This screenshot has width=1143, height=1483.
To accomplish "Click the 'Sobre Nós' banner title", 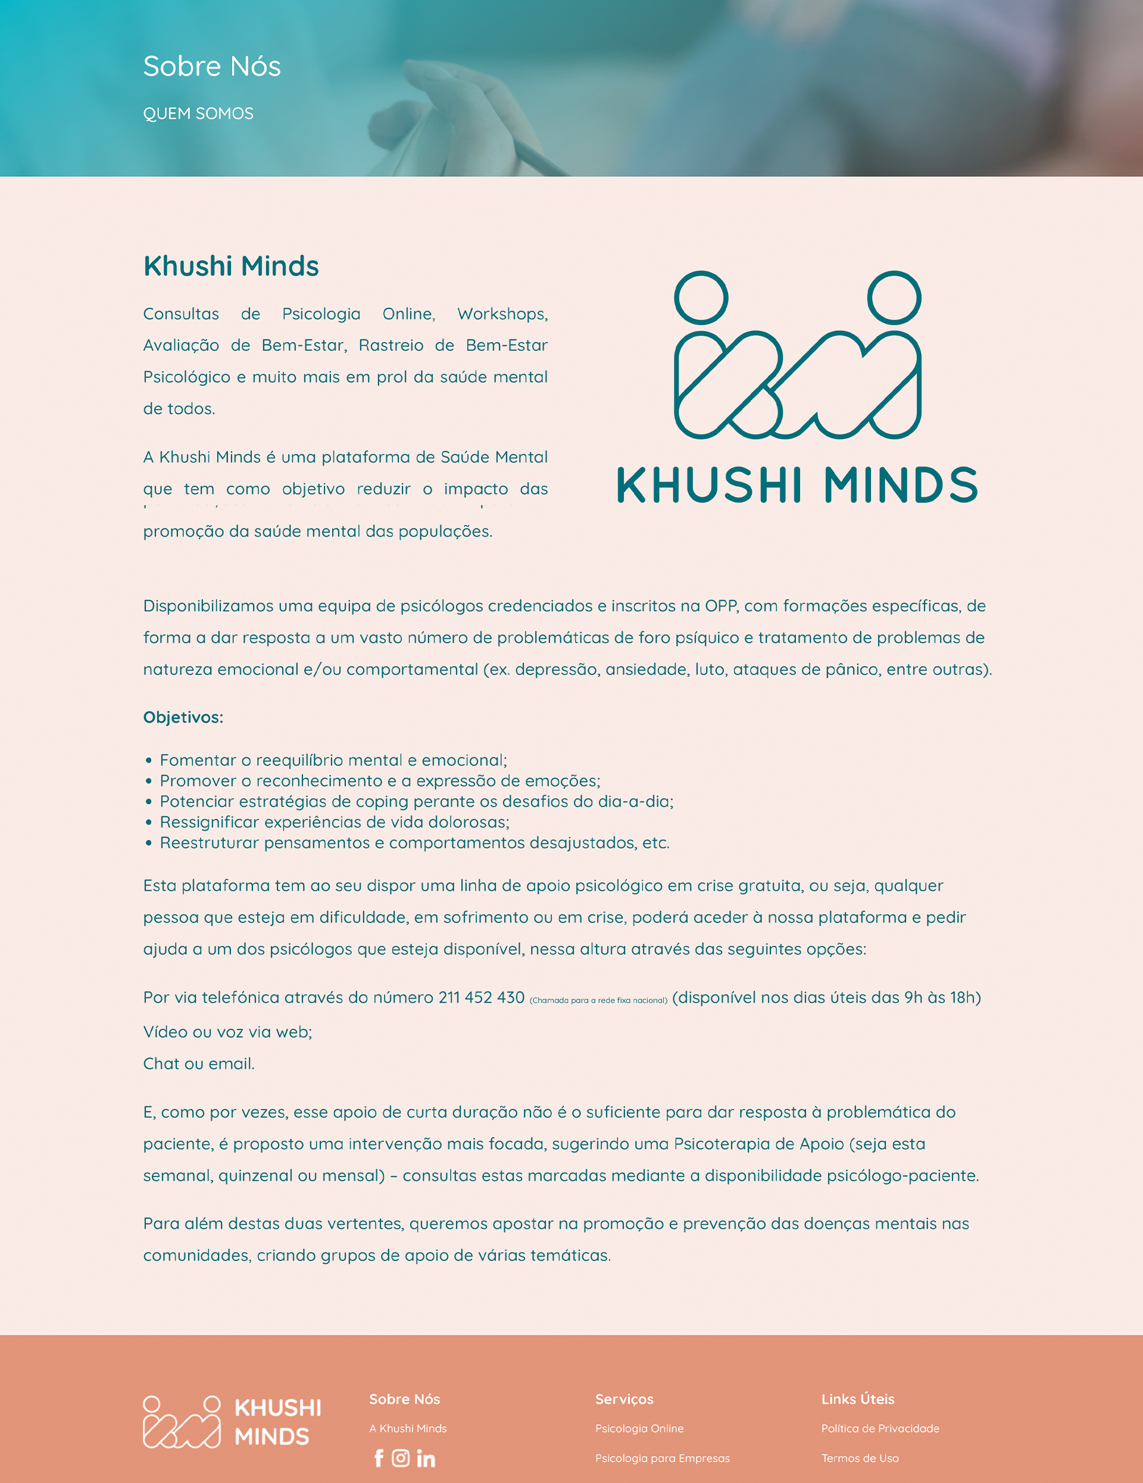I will coord(212,67).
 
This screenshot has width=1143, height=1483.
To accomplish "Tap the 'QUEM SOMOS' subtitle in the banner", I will coord(198,114).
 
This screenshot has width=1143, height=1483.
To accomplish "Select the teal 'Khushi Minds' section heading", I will coord(231,266).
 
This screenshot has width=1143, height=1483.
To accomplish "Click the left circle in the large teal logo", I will coord(701,298).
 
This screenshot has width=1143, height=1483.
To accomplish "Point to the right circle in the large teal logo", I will coord(894,298).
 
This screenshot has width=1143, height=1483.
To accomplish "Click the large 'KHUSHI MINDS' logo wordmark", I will coord(797,485).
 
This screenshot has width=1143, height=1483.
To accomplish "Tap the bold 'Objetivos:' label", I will coord(183,717).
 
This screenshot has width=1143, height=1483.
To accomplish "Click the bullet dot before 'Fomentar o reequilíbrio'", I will coord(149,761).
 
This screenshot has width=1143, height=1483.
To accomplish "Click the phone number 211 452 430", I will coord(482,997).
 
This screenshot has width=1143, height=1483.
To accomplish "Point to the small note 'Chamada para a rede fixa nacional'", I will coord(598,1000).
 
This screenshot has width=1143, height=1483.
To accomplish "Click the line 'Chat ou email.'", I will coord(199,1063).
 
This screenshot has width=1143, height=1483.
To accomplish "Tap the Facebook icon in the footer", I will coord(379,1458).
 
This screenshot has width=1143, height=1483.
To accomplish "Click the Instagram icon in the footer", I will coord(401,1458).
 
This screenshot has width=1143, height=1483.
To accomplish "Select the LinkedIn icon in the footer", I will coord(426,1458).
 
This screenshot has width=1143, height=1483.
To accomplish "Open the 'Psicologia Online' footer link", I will coord(639,1428).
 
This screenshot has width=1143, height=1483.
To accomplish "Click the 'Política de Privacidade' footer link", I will coord(880,1428).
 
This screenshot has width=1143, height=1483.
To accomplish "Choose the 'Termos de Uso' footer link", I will coord(860,1458).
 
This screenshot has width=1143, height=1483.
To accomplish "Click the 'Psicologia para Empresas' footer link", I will coord(662,1458).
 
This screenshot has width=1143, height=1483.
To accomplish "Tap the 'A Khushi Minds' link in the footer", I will coord(407,1428).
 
